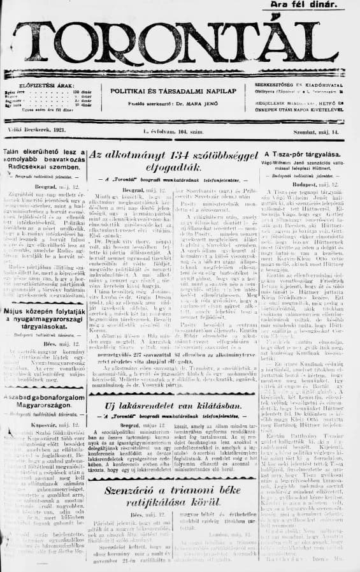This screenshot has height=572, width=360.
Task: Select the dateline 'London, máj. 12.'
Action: coord(229,533)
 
